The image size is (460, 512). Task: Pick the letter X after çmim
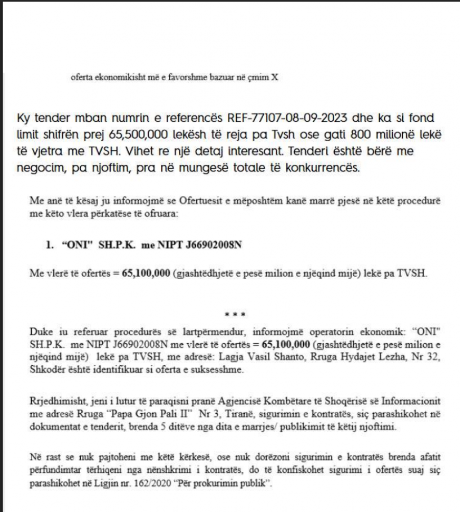click(274, 77)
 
